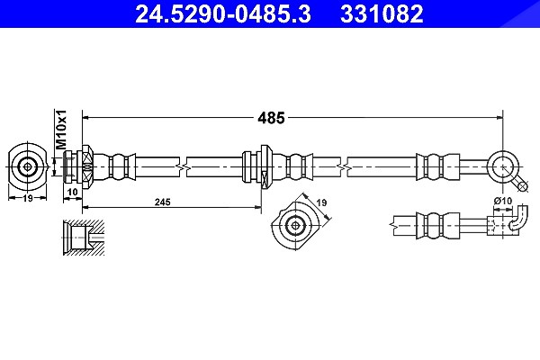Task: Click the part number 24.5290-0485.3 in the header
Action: click(x=223, y=13)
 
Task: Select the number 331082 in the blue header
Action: click(x=382, y=13)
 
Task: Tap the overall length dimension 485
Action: click(x=272, y=118)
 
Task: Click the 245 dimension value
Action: click(x=162, y=202)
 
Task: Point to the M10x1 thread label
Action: click(x=61, y=130)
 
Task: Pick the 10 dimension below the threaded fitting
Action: click(x=73, y=192)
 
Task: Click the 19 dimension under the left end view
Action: click(x=28, y=198)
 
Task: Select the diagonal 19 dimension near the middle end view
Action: click(x=321, y=202)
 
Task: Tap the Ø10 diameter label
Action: click(x=503, y=201)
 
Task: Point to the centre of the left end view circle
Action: click(x=27, y=167)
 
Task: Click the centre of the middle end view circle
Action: click(x=295, y=226)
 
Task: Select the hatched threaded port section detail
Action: click(x=84, y=238)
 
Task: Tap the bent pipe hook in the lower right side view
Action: click(x=518, y=220)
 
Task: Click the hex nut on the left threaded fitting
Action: click(x=87, y=167)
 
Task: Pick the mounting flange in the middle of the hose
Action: click(x=265, y=167)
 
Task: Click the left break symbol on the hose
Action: click(x=183, y=167)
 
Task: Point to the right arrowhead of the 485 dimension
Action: click(x=499, y=118)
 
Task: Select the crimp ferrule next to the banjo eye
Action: click(x=437, y=167)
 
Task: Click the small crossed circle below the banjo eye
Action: click(x=523, y=186)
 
